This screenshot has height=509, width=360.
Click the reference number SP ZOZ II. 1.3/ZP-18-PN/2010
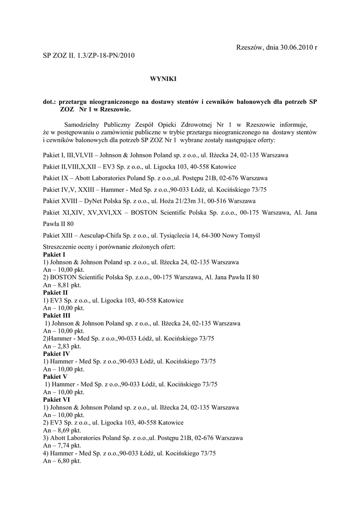pyautogui.click(x=89, y=56)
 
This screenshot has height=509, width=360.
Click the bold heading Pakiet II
pyautogui.click(x=56, y=293)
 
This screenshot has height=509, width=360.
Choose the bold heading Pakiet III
pyautogui.click(x=57, y=316)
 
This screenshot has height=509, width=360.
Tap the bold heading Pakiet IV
pyautogui.click(x=56, y=354)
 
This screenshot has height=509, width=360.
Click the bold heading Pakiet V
pyautogui.click(x=55, y=377)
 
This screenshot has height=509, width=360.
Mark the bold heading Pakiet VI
pyautogui.click(x=56, y=400)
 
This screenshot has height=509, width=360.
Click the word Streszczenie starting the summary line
pyautogui.click(x=62, y=247)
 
